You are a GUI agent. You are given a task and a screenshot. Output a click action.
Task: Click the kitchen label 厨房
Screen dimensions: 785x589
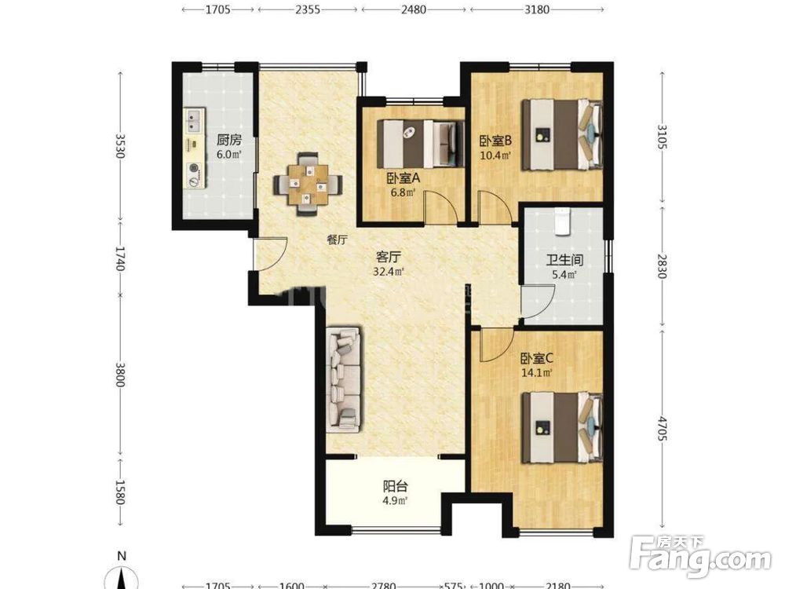[228, 140]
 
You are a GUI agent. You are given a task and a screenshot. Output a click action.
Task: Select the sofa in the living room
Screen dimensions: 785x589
[345, 379]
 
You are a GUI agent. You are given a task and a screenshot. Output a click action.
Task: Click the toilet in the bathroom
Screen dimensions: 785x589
[564, 221]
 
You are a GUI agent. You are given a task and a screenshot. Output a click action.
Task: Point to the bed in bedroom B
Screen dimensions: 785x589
[562, 134]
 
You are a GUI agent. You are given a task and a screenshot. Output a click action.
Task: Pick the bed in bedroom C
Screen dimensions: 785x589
[562, 427]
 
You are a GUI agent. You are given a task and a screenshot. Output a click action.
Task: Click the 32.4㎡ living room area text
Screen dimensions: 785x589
[389, 272]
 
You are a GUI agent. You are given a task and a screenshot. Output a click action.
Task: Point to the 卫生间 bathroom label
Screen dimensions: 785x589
[564, 260]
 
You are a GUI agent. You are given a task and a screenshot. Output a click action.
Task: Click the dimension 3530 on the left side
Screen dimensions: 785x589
[119, 145]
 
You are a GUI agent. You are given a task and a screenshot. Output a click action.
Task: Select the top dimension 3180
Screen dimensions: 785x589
[537, 9]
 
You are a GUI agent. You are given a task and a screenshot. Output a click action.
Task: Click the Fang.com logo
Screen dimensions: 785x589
[700, 557]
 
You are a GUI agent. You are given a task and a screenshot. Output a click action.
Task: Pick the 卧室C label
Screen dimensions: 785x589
[537, 359]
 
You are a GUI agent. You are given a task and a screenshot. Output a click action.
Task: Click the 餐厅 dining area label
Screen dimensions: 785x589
[337, 240]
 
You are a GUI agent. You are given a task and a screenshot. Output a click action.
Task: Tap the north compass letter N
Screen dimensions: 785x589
[121, 556]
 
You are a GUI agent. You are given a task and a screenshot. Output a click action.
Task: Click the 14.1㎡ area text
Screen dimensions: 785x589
[537, 373]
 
